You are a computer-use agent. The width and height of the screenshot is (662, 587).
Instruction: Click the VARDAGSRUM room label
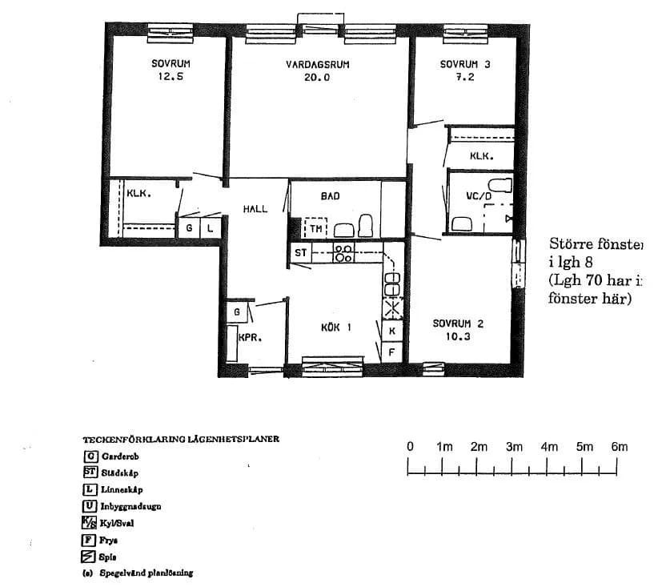[x=318, y=65]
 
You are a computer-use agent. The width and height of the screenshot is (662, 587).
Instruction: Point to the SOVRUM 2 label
[x=459, y=324]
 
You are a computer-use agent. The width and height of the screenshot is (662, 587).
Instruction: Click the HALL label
[x=255, y=209]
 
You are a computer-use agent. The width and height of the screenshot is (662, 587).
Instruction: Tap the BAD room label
[x=330, y=196]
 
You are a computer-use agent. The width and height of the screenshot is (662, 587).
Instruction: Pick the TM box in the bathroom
[x=317, y=228]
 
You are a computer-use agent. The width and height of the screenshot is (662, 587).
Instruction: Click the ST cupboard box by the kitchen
[x=301, y=253]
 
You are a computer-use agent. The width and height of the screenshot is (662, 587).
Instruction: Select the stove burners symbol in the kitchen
[x=344, y=254]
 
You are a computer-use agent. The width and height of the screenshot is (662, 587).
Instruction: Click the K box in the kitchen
[x=392, y=330]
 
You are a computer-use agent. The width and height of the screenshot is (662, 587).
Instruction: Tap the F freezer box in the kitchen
[x=392, y=351]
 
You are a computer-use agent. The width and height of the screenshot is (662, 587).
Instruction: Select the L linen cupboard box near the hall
[x=210, y=228]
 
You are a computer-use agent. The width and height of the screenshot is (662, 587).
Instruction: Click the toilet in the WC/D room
[x=500, y=187]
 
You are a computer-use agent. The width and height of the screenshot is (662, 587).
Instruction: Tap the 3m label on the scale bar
[x=514, y=447]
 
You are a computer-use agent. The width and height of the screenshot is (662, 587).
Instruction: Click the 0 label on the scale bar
[x=410, y=447]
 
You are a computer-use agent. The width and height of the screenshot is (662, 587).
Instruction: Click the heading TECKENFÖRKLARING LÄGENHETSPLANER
[x=181, y=440]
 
